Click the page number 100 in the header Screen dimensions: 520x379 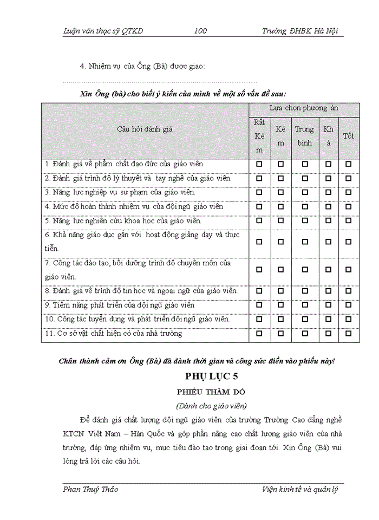click(200, 31)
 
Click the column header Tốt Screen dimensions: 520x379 click(349, 136)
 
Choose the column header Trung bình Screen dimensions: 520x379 click(305, 136)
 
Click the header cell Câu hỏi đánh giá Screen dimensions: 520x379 click(145, 129)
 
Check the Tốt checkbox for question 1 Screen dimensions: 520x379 click(349, 164)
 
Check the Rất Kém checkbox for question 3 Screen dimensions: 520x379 click(259, 192)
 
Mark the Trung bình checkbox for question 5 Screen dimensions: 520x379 click(305, 220)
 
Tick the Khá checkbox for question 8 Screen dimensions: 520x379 click(329, 291)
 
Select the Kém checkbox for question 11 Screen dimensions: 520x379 click(280, 334)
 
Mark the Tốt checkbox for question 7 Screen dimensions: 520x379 click(349, 270)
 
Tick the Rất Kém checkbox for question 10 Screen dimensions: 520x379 click(259, 320)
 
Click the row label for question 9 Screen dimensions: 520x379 click(120, 305)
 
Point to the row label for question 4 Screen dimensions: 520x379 click(134, 206)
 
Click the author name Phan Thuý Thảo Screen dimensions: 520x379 click(90, 490)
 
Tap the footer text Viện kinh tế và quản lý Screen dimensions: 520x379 click(299, 490)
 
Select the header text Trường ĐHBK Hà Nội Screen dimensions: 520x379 click(299, 31)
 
